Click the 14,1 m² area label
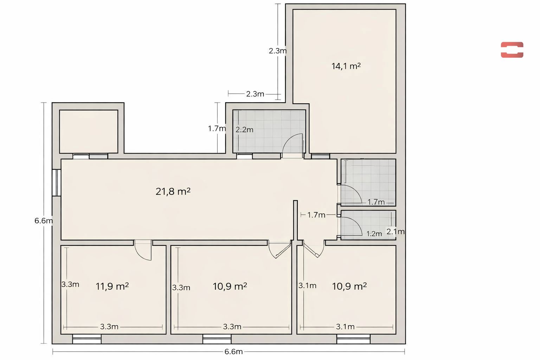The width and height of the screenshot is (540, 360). (x=346, y=66)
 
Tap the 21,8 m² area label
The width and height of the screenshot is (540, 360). (x=173, y=192)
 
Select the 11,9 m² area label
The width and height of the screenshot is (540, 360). (x=112, y=286)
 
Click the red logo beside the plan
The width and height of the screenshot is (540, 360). (x=512, y=50)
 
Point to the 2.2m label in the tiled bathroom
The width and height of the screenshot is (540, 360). (x=244, y=130)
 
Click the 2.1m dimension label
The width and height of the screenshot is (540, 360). (x=396, y=232)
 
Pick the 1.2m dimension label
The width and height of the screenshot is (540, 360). (x=374, y=234)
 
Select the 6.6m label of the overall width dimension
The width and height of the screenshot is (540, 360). (x=233, y=352)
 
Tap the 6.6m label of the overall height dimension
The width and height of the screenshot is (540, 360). (x=44, y=221)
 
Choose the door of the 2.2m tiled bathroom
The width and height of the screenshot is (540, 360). (x=292, y=145)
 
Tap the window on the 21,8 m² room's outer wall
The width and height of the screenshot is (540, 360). (x=56, y=182)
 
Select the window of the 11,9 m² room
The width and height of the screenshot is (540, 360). (x=86, y=339)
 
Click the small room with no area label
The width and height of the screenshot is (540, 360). (x=89, y=131)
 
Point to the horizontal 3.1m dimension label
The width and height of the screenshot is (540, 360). (x=345, y=327)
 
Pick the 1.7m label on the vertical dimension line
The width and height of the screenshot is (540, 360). (x=217, y=129)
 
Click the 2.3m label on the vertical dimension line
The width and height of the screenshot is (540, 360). (x=278, y=51)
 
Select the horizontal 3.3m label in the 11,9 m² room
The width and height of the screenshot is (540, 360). (x=109, y=327)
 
